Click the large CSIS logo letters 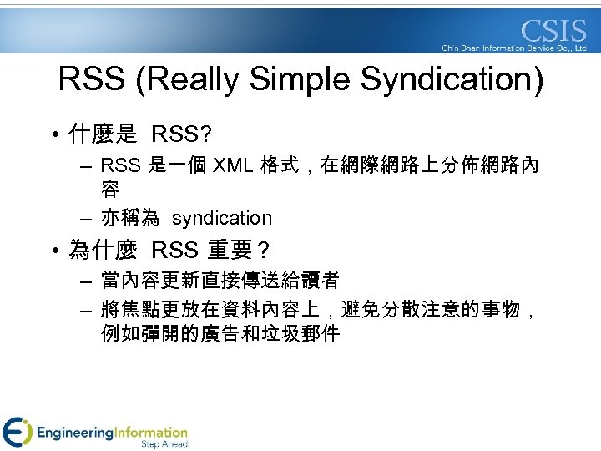[554, 31]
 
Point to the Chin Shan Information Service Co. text [514, 48]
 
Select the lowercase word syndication [222, 218]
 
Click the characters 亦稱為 [129, 218]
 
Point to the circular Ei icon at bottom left [18, 432]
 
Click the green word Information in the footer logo [150, 433]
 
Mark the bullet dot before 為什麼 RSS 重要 [53, 250]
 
